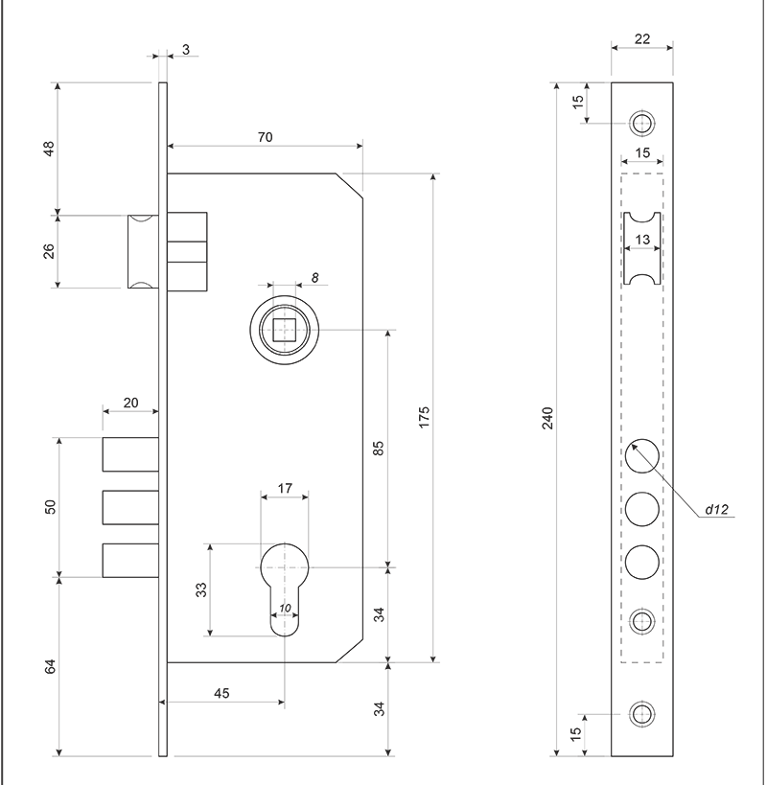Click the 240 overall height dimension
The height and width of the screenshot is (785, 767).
[x=547, y=419]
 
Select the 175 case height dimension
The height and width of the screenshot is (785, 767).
[x=425, y=416]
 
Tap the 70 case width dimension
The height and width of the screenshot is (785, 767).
[x=265, y=137]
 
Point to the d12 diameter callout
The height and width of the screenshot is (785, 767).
[x=717, y=509]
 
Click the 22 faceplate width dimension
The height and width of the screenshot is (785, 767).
[x=642, y=38]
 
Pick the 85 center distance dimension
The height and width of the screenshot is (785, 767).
[x=379, y=448]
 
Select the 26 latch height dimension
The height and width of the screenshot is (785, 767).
[x=50, y=251]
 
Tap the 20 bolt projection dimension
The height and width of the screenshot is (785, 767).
[x=131, y=403]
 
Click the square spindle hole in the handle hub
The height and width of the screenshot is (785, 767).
[x=285, y=331]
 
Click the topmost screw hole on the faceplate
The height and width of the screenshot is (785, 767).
[x=641, y=123]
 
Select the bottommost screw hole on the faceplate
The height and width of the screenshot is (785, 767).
[x=641, y=713]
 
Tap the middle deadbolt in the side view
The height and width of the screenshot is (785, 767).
[x=130, y=507]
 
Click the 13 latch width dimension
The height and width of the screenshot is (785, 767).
[x=642, y=239]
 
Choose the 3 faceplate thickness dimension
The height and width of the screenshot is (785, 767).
[x=184, y=48]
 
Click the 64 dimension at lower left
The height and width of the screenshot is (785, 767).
[x=50, y=666]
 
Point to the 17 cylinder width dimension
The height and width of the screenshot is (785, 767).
[x=285, y=488]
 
